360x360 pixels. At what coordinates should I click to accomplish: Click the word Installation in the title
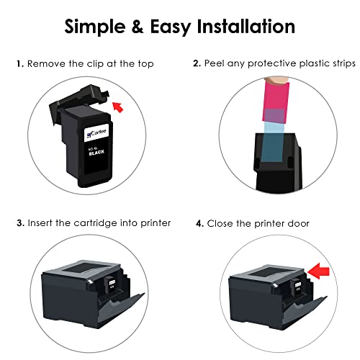(x=240, y=27)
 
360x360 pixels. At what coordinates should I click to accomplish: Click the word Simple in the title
(x=98, y=27)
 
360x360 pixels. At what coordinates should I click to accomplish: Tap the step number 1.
(x=19, y=64)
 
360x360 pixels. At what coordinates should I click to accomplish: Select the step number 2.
(x=197, y=64)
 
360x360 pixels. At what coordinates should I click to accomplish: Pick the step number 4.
(x=199, y=224)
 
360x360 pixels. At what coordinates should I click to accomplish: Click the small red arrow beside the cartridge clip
(x=119, y=108)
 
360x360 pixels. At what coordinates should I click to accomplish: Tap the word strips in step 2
(x=339, y=64)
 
